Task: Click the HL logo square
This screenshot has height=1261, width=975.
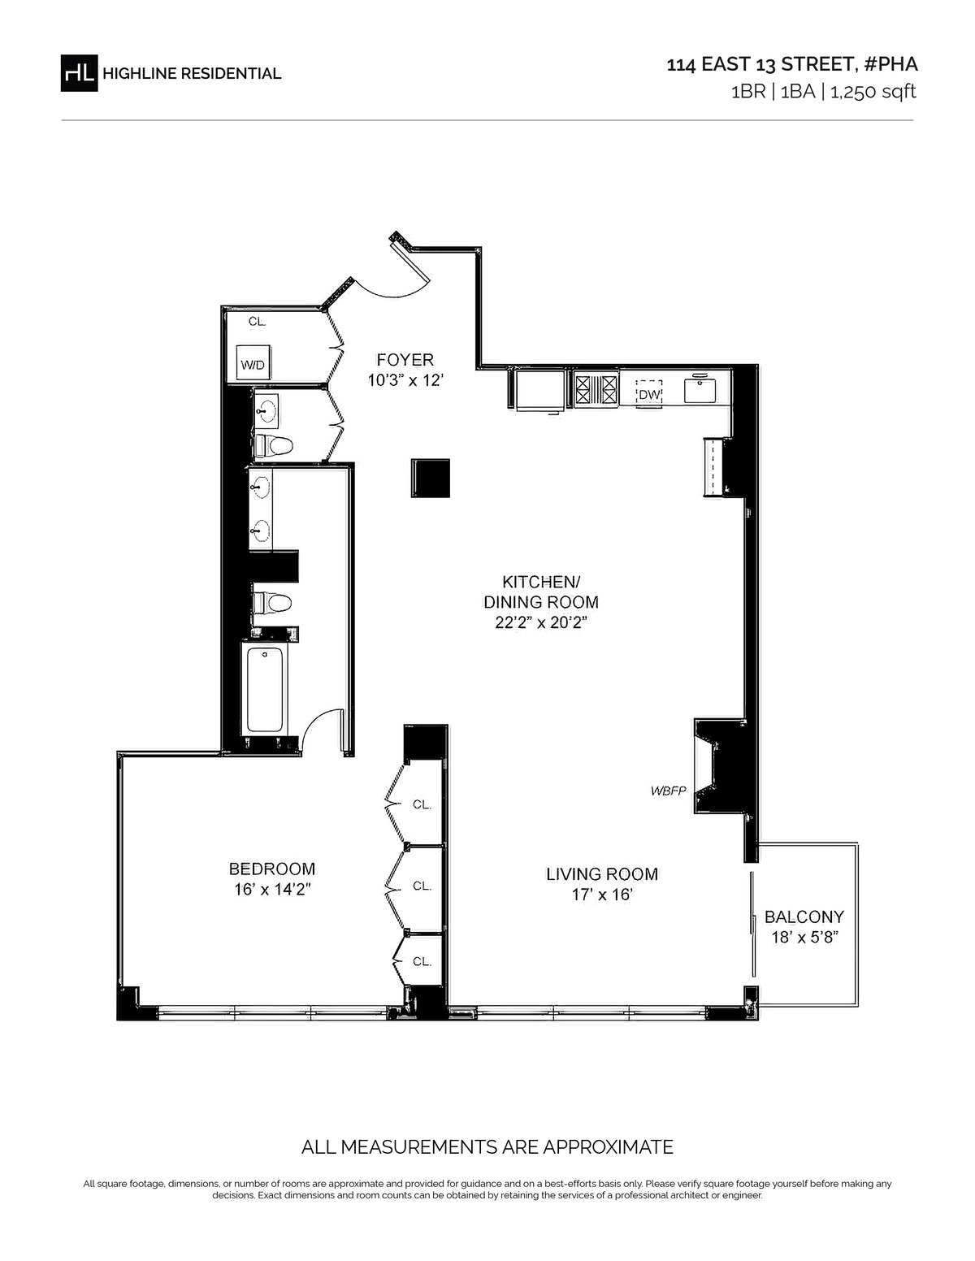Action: click(79, 73)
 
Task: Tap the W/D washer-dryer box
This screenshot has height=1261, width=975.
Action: click(253, 363)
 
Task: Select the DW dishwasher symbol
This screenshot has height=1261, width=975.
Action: click(648, 393)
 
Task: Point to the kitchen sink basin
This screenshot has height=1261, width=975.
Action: click(700, 389)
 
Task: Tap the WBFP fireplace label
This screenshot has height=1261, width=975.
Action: click(668, 791)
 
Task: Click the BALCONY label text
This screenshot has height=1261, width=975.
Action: click(804, 917)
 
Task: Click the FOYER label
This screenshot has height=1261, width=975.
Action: click(405, 360)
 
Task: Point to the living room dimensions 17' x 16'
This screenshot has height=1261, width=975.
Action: click(601, 895)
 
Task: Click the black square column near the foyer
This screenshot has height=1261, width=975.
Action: click(431, 479)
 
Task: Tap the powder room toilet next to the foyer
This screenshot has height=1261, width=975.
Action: click(273, 446)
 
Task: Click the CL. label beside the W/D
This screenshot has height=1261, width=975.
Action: click(257, 322)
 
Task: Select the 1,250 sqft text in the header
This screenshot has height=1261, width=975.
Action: click(873, 92)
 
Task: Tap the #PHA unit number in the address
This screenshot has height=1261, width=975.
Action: click(890, 64)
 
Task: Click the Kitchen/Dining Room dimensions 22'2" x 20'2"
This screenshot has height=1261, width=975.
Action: click(541, 622)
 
